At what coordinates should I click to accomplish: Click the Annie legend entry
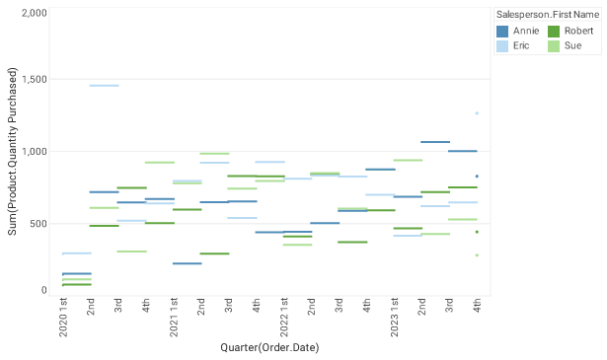(x=523, y=32)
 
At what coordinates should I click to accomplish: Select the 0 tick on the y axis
(x=42, y=290)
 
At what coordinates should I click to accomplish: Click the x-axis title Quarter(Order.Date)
(x=269, y=347)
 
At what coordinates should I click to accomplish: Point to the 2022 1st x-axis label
(x=283, y=317)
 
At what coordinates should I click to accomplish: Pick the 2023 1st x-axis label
(x=394, y=317)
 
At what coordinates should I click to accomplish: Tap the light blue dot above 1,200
(x=477, y=113)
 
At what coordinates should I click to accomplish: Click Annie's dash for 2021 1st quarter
(x=187, y=263)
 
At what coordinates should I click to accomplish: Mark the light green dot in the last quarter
(x=477, y=255)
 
